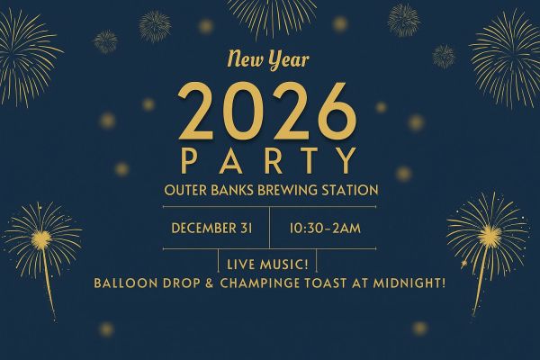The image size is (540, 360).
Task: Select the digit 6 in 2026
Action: point(337,112)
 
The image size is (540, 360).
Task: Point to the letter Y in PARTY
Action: point(346,160)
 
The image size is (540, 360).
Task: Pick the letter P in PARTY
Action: point(188,160)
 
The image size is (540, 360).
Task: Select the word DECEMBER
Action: point(203,229)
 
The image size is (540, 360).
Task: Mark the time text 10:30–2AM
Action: point(325,229)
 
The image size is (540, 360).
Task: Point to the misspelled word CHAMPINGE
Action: point(260,283)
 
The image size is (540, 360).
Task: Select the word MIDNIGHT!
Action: point(409,283)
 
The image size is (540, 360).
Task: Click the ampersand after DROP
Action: point(209,283)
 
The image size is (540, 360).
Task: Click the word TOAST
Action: point(326,283)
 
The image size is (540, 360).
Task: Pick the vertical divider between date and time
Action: point(270,228)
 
